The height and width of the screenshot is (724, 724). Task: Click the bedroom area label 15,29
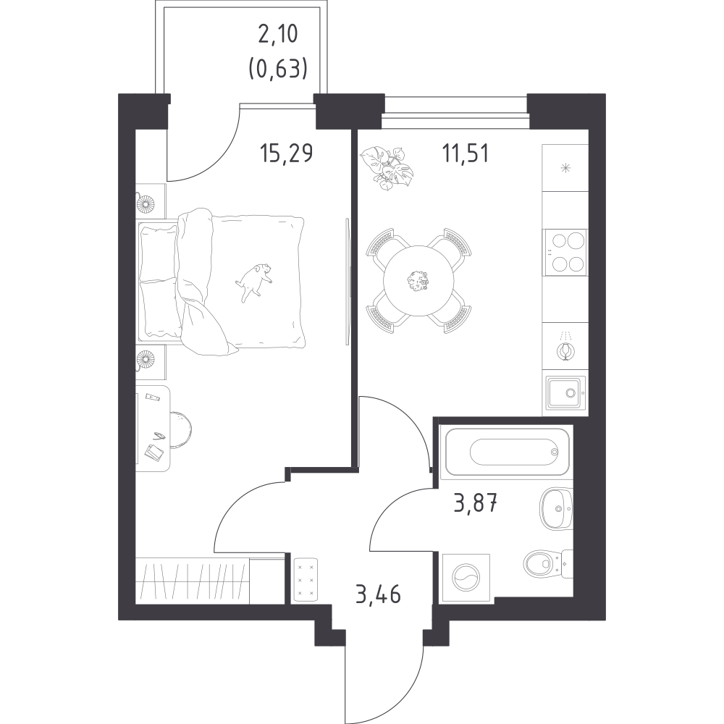(x=286, y=153)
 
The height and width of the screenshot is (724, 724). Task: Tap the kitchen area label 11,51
(x=466, y=153)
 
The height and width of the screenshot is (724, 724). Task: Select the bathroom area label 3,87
(x=476, y=503)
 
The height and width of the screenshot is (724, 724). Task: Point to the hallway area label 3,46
(x=378, y=594)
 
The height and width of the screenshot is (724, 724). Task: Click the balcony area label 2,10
(x=278, y=35)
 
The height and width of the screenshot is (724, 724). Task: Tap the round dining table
(x=418, y=280)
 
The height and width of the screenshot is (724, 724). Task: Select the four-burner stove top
(x=565, y=252)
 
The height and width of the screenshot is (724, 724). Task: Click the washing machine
(x=466, y=578)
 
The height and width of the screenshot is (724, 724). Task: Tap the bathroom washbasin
(x=556, y=509)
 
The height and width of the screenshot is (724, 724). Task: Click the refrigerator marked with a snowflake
(x=565, y=168)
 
